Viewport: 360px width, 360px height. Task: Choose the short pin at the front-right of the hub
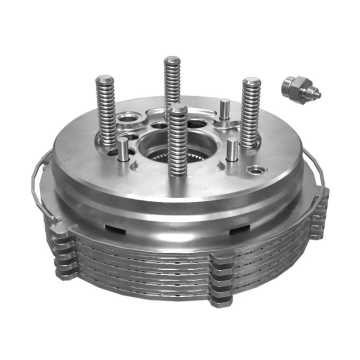(232, 151)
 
